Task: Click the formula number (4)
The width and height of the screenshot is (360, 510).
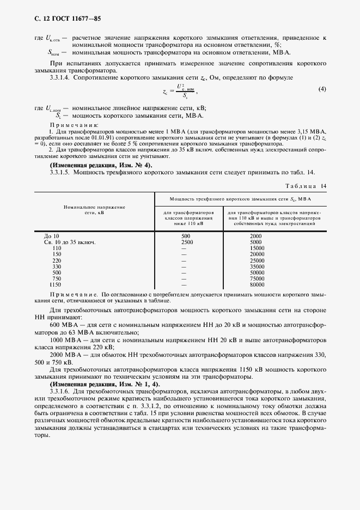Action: pyautogui.click(x=322, y=89)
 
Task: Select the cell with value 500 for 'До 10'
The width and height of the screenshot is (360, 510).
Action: pyautogui.click(x=185, y=236)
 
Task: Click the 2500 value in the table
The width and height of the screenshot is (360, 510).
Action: pyautogui.click(x=187, y=242)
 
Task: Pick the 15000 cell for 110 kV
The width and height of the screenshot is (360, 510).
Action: pyautogui.click(x=257, y=248)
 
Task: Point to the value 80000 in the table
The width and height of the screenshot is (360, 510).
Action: pyautogui.click(x=257, y=284)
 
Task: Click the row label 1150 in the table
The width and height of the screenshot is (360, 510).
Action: pyautogui.click(x=56, y=284)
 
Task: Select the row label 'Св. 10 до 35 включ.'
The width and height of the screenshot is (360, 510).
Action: pyautogui.click(x=69, y=242)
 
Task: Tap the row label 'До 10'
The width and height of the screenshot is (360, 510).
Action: pyautogui.click(x=51, y=236)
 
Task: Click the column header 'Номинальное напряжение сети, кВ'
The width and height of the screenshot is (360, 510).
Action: pyautogui.click(x=94, y=210)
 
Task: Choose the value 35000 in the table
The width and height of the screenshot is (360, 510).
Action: pyautogui.click(x=257, y=266)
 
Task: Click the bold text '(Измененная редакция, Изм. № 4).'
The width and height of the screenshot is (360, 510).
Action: pyautogui.click(x=101, y=165)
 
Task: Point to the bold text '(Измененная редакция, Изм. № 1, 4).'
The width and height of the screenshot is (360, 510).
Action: pyautogui.click(x=105, y=385)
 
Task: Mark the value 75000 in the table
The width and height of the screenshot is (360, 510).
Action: pyautogui.click(x=257, y=278)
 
